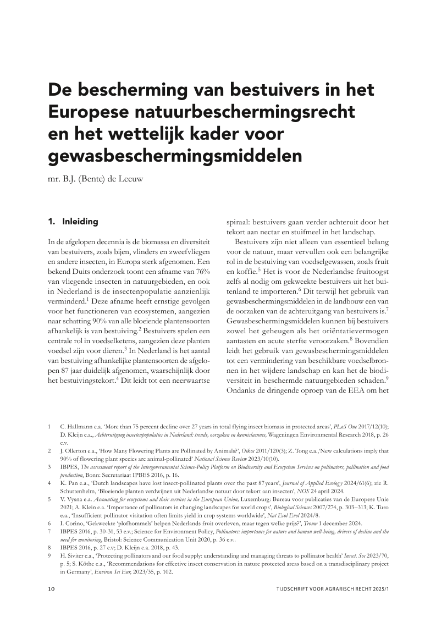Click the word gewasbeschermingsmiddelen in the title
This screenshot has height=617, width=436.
pos(175,156)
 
